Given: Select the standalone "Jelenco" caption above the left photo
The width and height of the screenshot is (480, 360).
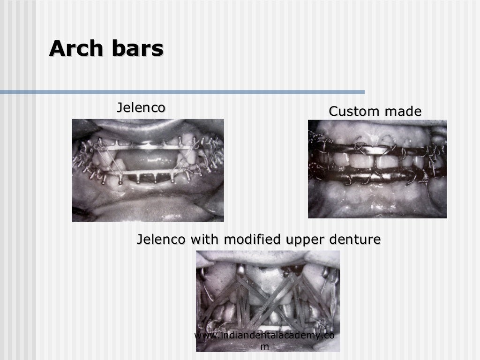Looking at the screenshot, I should coord(141,108).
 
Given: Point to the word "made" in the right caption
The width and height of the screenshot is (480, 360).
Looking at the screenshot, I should coord(403,112).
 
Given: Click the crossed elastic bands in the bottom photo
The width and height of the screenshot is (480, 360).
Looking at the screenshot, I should coord(268,291).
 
